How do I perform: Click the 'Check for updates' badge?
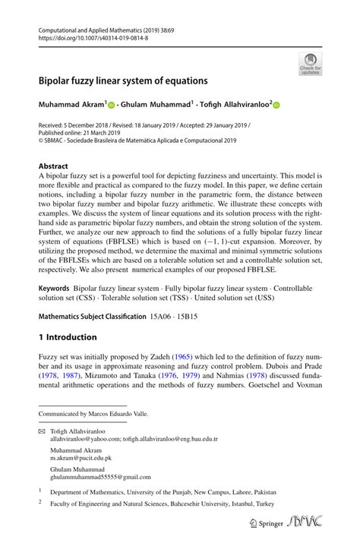click(310, 64)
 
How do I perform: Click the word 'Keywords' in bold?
click(54, 289)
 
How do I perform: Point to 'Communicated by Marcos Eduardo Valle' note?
click(93, 414)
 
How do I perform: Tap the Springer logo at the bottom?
click(259, 525)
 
